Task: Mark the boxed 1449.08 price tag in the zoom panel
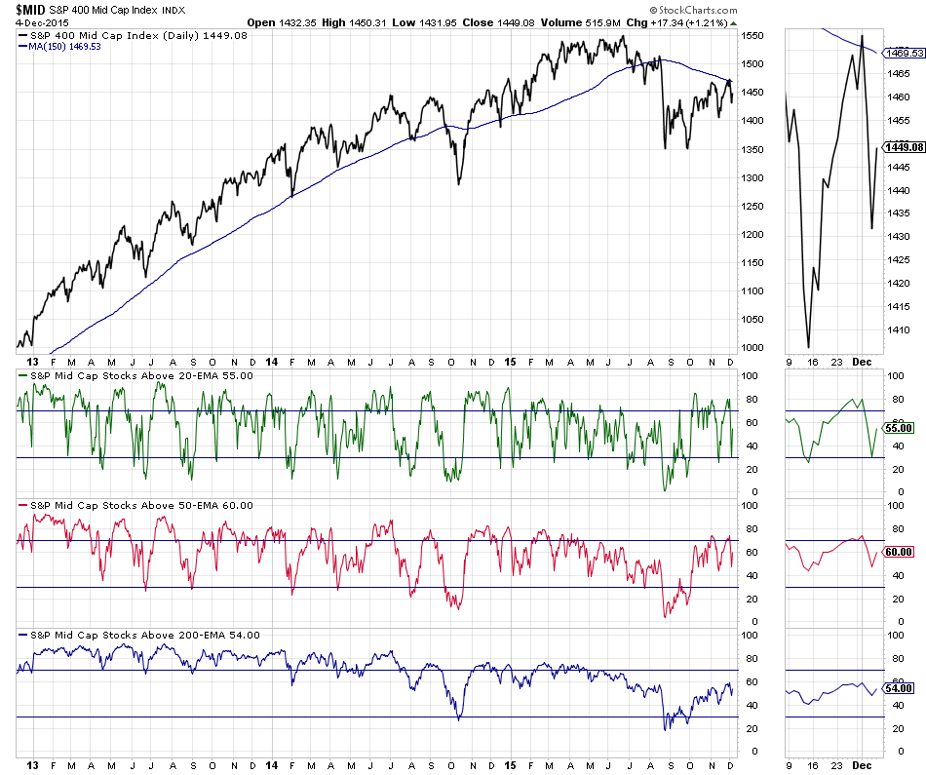(902, 148)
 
